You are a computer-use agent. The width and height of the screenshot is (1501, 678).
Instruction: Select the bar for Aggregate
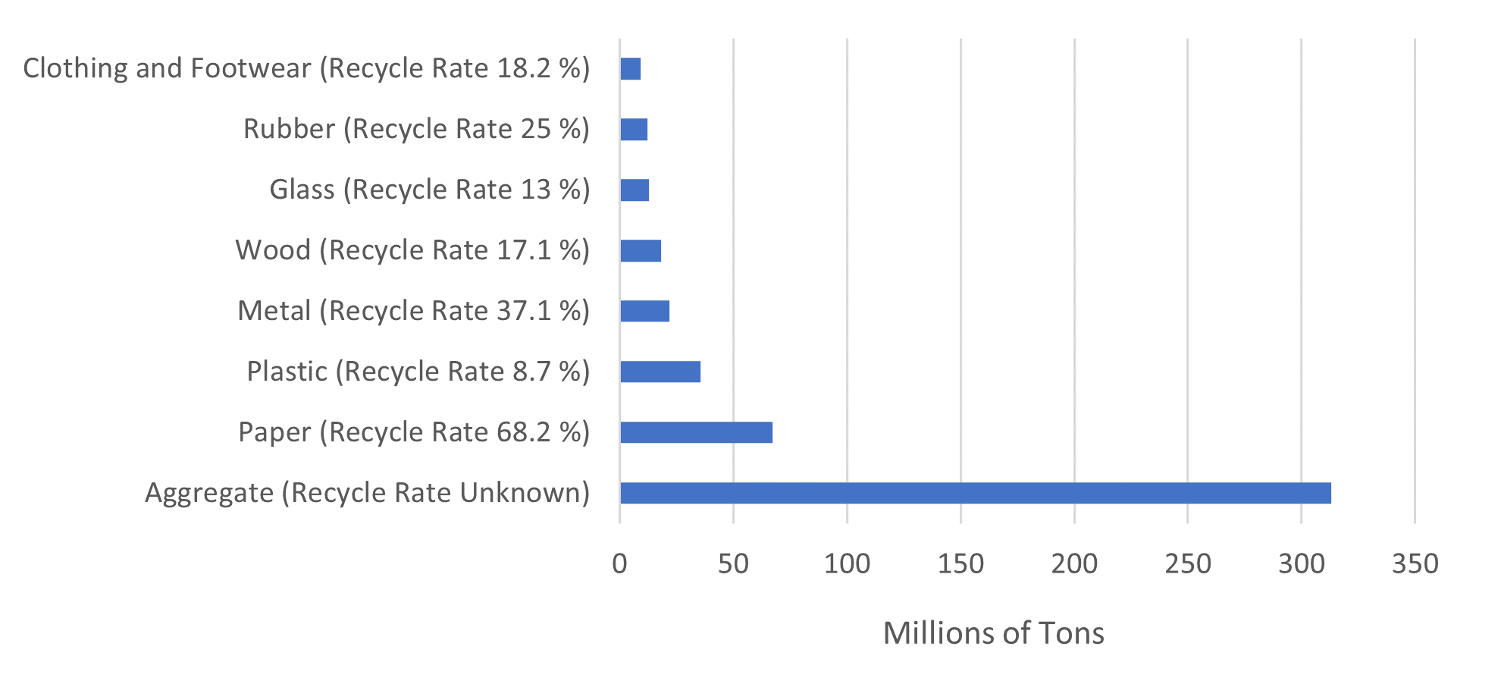pos(975,493)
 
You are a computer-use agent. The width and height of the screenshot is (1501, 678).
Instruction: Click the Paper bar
pos(696,432)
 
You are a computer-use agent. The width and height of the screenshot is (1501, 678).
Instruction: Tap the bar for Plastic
pos(660,372)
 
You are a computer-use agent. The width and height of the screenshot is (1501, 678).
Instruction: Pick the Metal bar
pos(644,311)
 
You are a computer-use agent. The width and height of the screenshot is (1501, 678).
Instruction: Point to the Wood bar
pos(641,250)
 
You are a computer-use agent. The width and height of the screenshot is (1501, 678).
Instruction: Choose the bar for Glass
pos(635,190)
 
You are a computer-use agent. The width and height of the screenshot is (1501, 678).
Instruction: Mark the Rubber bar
pos(634,130)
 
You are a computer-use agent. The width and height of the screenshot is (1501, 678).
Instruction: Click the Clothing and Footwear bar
pos(631,69)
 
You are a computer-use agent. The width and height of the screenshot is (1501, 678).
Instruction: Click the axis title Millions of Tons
pos(993,632)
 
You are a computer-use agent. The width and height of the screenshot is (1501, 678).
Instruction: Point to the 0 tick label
pos(619,563)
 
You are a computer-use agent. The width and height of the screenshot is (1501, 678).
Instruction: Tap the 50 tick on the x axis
pos(733,563)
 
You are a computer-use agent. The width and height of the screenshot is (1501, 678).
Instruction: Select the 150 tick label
pos(960,563)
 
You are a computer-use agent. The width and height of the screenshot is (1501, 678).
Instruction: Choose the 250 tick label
pos(1188,563)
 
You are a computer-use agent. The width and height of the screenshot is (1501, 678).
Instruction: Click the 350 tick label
pos(1415,563)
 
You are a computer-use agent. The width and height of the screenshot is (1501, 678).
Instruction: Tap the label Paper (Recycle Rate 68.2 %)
pos(414,432)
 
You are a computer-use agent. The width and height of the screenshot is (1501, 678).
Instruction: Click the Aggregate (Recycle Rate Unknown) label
pos(367,493)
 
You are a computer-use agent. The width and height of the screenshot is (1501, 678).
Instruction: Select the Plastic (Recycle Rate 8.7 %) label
pos(418,372)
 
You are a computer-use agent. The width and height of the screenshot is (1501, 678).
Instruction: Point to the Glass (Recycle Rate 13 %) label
pos(429,190)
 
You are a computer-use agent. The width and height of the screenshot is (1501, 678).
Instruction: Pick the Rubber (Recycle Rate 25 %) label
pos(416,129)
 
